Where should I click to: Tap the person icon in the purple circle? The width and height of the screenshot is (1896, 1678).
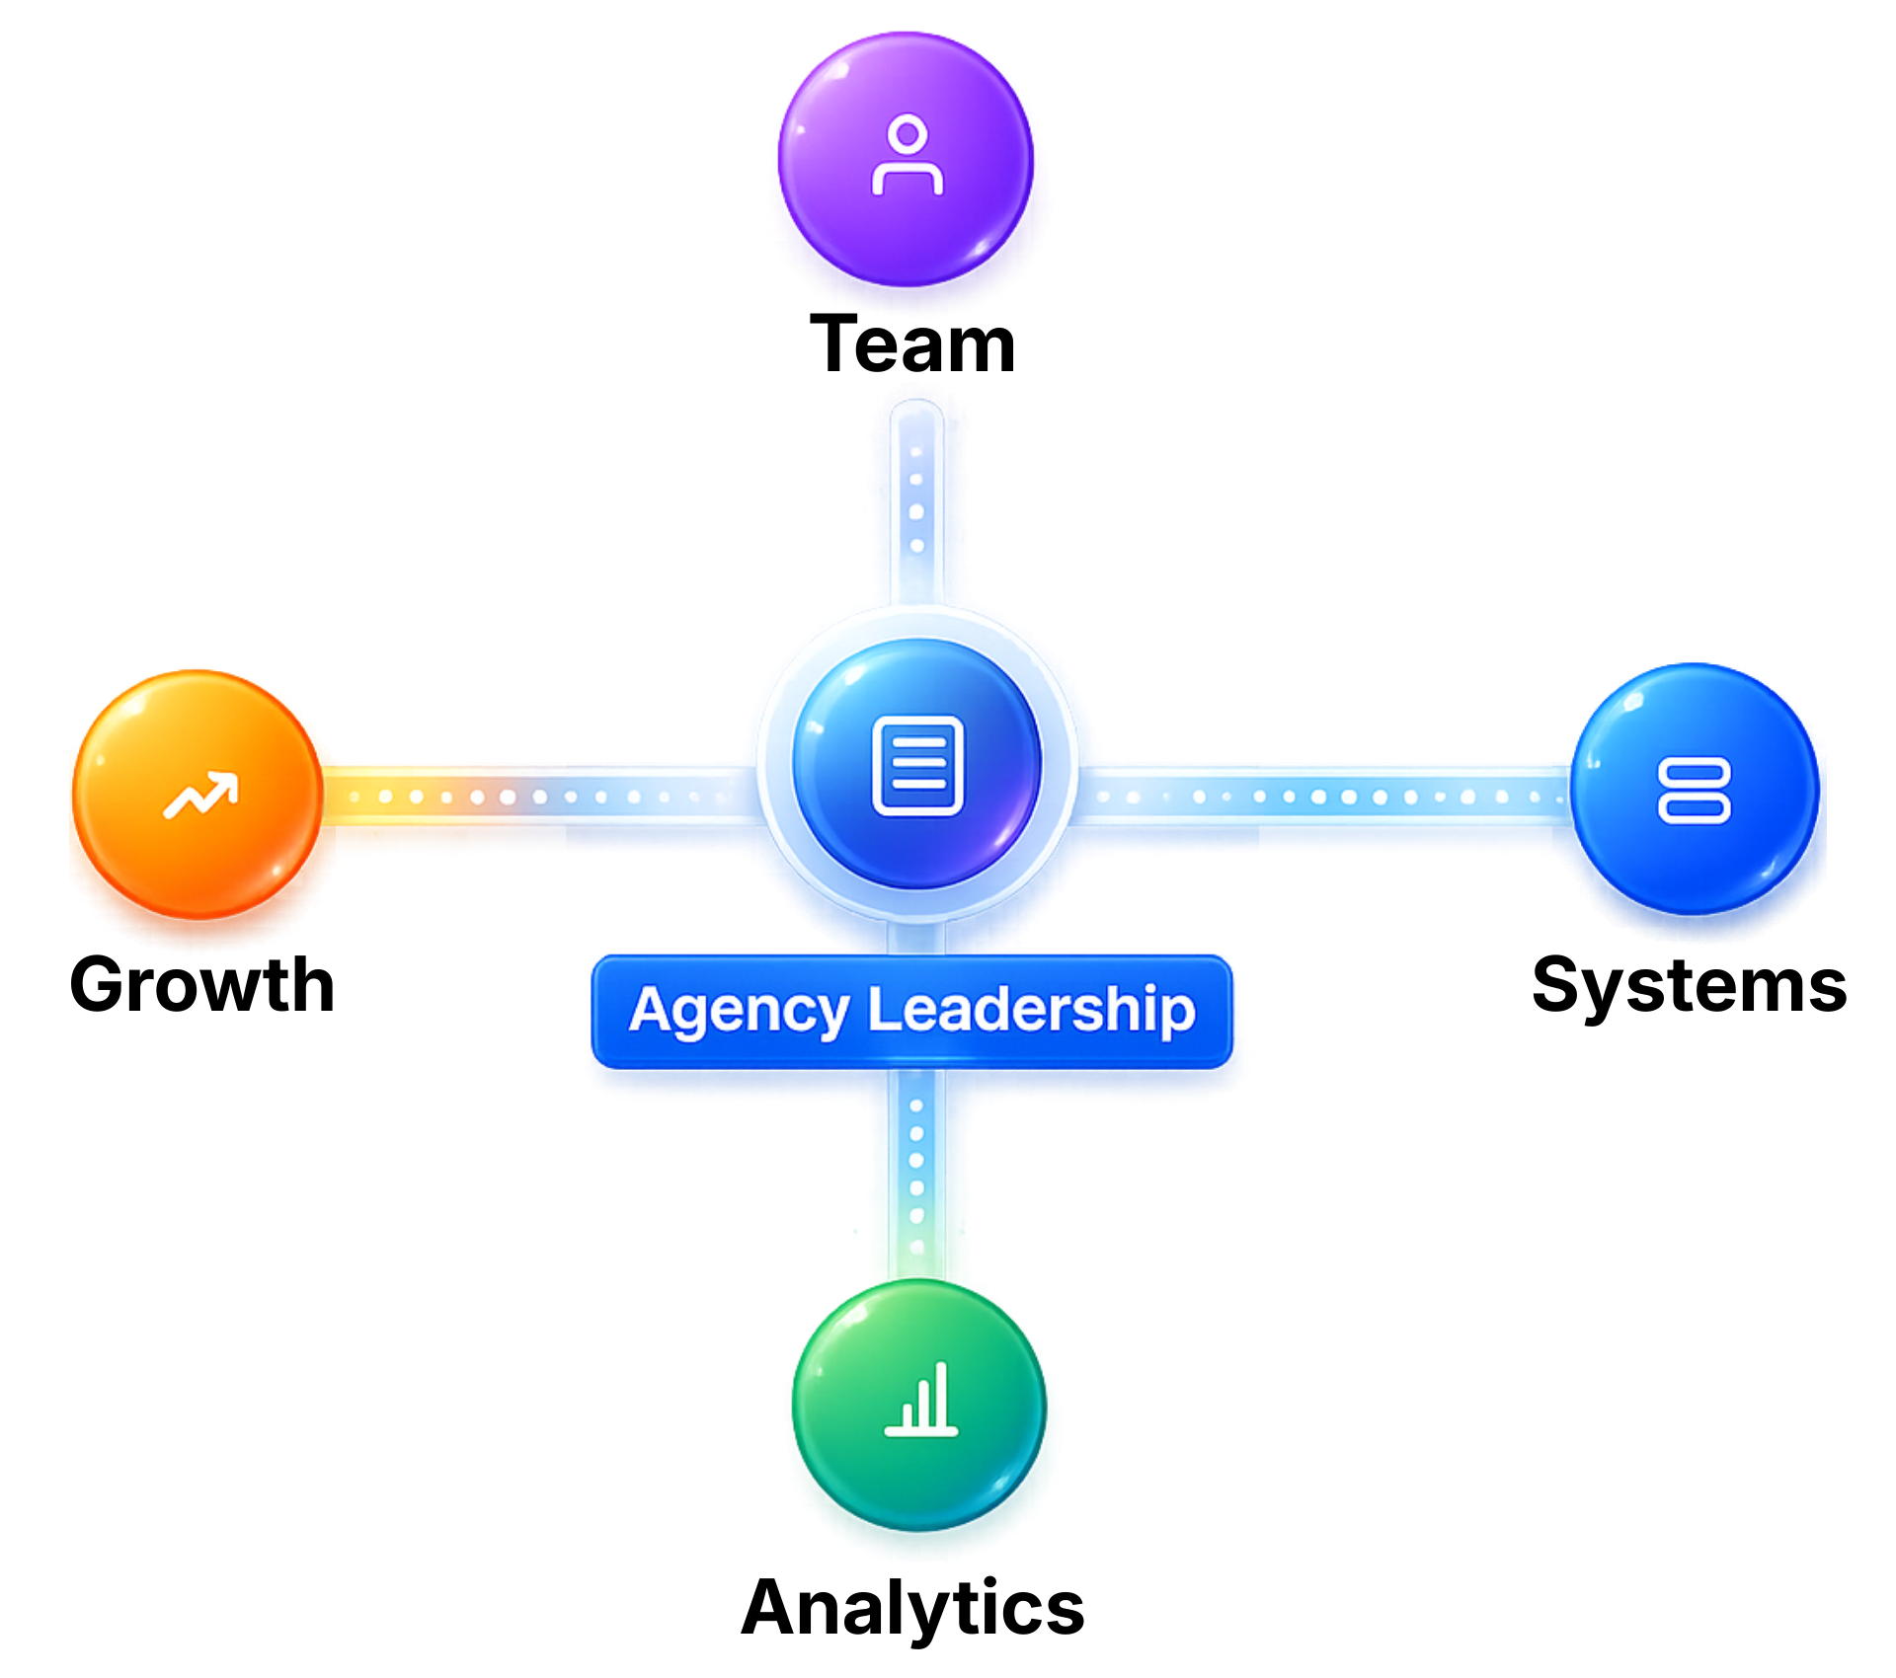coord(907,156)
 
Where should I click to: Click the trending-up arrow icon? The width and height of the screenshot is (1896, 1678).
coord(200,796)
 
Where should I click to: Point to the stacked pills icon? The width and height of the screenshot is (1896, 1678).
coord(1693,791)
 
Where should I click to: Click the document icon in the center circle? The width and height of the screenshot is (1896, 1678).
coord(917,766)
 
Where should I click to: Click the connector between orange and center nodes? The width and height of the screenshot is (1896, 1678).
coord(533,798)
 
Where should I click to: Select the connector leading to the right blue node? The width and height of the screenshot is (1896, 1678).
coord(1323,796)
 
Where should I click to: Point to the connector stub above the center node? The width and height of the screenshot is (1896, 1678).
coord(916,498)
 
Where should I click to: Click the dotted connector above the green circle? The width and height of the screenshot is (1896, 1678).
coord(916,1175)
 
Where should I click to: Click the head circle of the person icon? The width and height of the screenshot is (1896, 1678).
coord(907,133)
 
